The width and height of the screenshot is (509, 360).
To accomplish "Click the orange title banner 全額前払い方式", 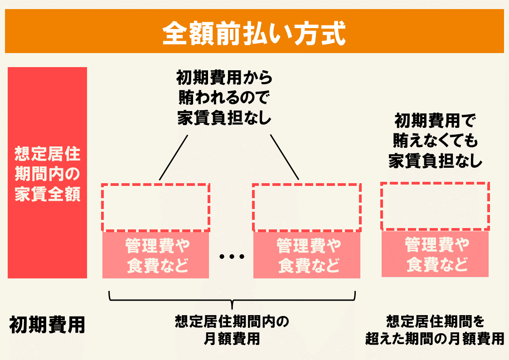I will (254, 31).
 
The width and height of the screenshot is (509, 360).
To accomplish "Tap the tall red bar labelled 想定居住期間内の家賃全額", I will (47, 173).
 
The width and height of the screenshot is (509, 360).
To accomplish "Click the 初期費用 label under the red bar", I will (47, 325).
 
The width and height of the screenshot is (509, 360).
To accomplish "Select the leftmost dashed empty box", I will (155, 207).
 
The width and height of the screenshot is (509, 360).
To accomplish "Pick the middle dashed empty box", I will (307, 207).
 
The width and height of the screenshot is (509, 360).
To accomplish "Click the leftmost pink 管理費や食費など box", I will (155, 255).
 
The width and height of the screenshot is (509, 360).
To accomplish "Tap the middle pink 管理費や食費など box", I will (307, 255).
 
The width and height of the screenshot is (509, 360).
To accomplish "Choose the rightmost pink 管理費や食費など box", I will (435, 254).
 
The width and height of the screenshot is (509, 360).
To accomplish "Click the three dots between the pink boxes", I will (232, 257).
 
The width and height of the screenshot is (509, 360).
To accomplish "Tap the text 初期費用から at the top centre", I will (224, 78).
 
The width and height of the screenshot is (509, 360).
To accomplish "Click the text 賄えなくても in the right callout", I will (436, 141).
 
